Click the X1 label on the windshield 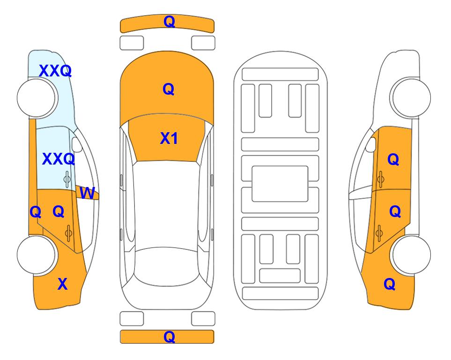point(169,139)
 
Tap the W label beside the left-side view point(87,193)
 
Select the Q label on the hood point(169,89)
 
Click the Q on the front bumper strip point(169,22)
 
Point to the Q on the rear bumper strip point(169,337)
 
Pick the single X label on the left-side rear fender point(62,284)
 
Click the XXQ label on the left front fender point(55,71)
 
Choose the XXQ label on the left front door point(59,159)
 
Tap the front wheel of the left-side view point(37,98)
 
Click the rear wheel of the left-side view point(37,255)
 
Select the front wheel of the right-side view point(411,97)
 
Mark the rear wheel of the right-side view point(411,255)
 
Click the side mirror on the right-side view point(371,145)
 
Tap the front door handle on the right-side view point(380,179)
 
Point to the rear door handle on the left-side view point(68,233)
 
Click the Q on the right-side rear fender point(390,284)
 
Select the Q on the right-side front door point(393,159)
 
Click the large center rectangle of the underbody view point(280,184)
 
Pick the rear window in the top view point(167,266)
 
